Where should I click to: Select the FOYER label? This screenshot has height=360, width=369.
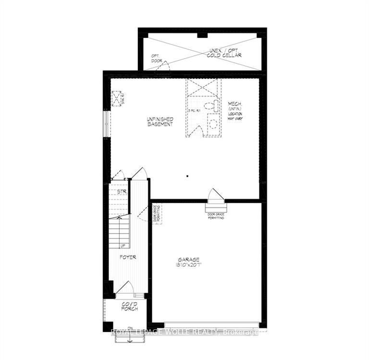click(x=128, y=257)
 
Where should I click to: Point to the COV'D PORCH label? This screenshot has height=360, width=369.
click(x=130, y=306)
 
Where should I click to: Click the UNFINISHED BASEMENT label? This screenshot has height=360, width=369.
click(x=160, y=121)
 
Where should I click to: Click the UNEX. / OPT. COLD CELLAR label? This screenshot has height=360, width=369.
click(x=224, y=53)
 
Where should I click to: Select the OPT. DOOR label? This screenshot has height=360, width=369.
click(x=156, y=58)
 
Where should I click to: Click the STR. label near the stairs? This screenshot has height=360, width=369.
click(x=121, y=191)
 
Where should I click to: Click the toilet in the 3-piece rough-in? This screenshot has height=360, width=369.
click(x=210, y=106)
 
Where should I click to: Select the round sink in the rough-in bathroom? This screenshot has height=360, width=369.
click(x=213, y=123)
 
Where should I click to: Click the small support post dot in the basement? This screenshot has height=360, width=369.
click(x=188, y=176)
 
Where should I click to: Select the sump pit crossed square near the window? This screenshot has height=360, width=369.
click(x=117, y=99)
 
